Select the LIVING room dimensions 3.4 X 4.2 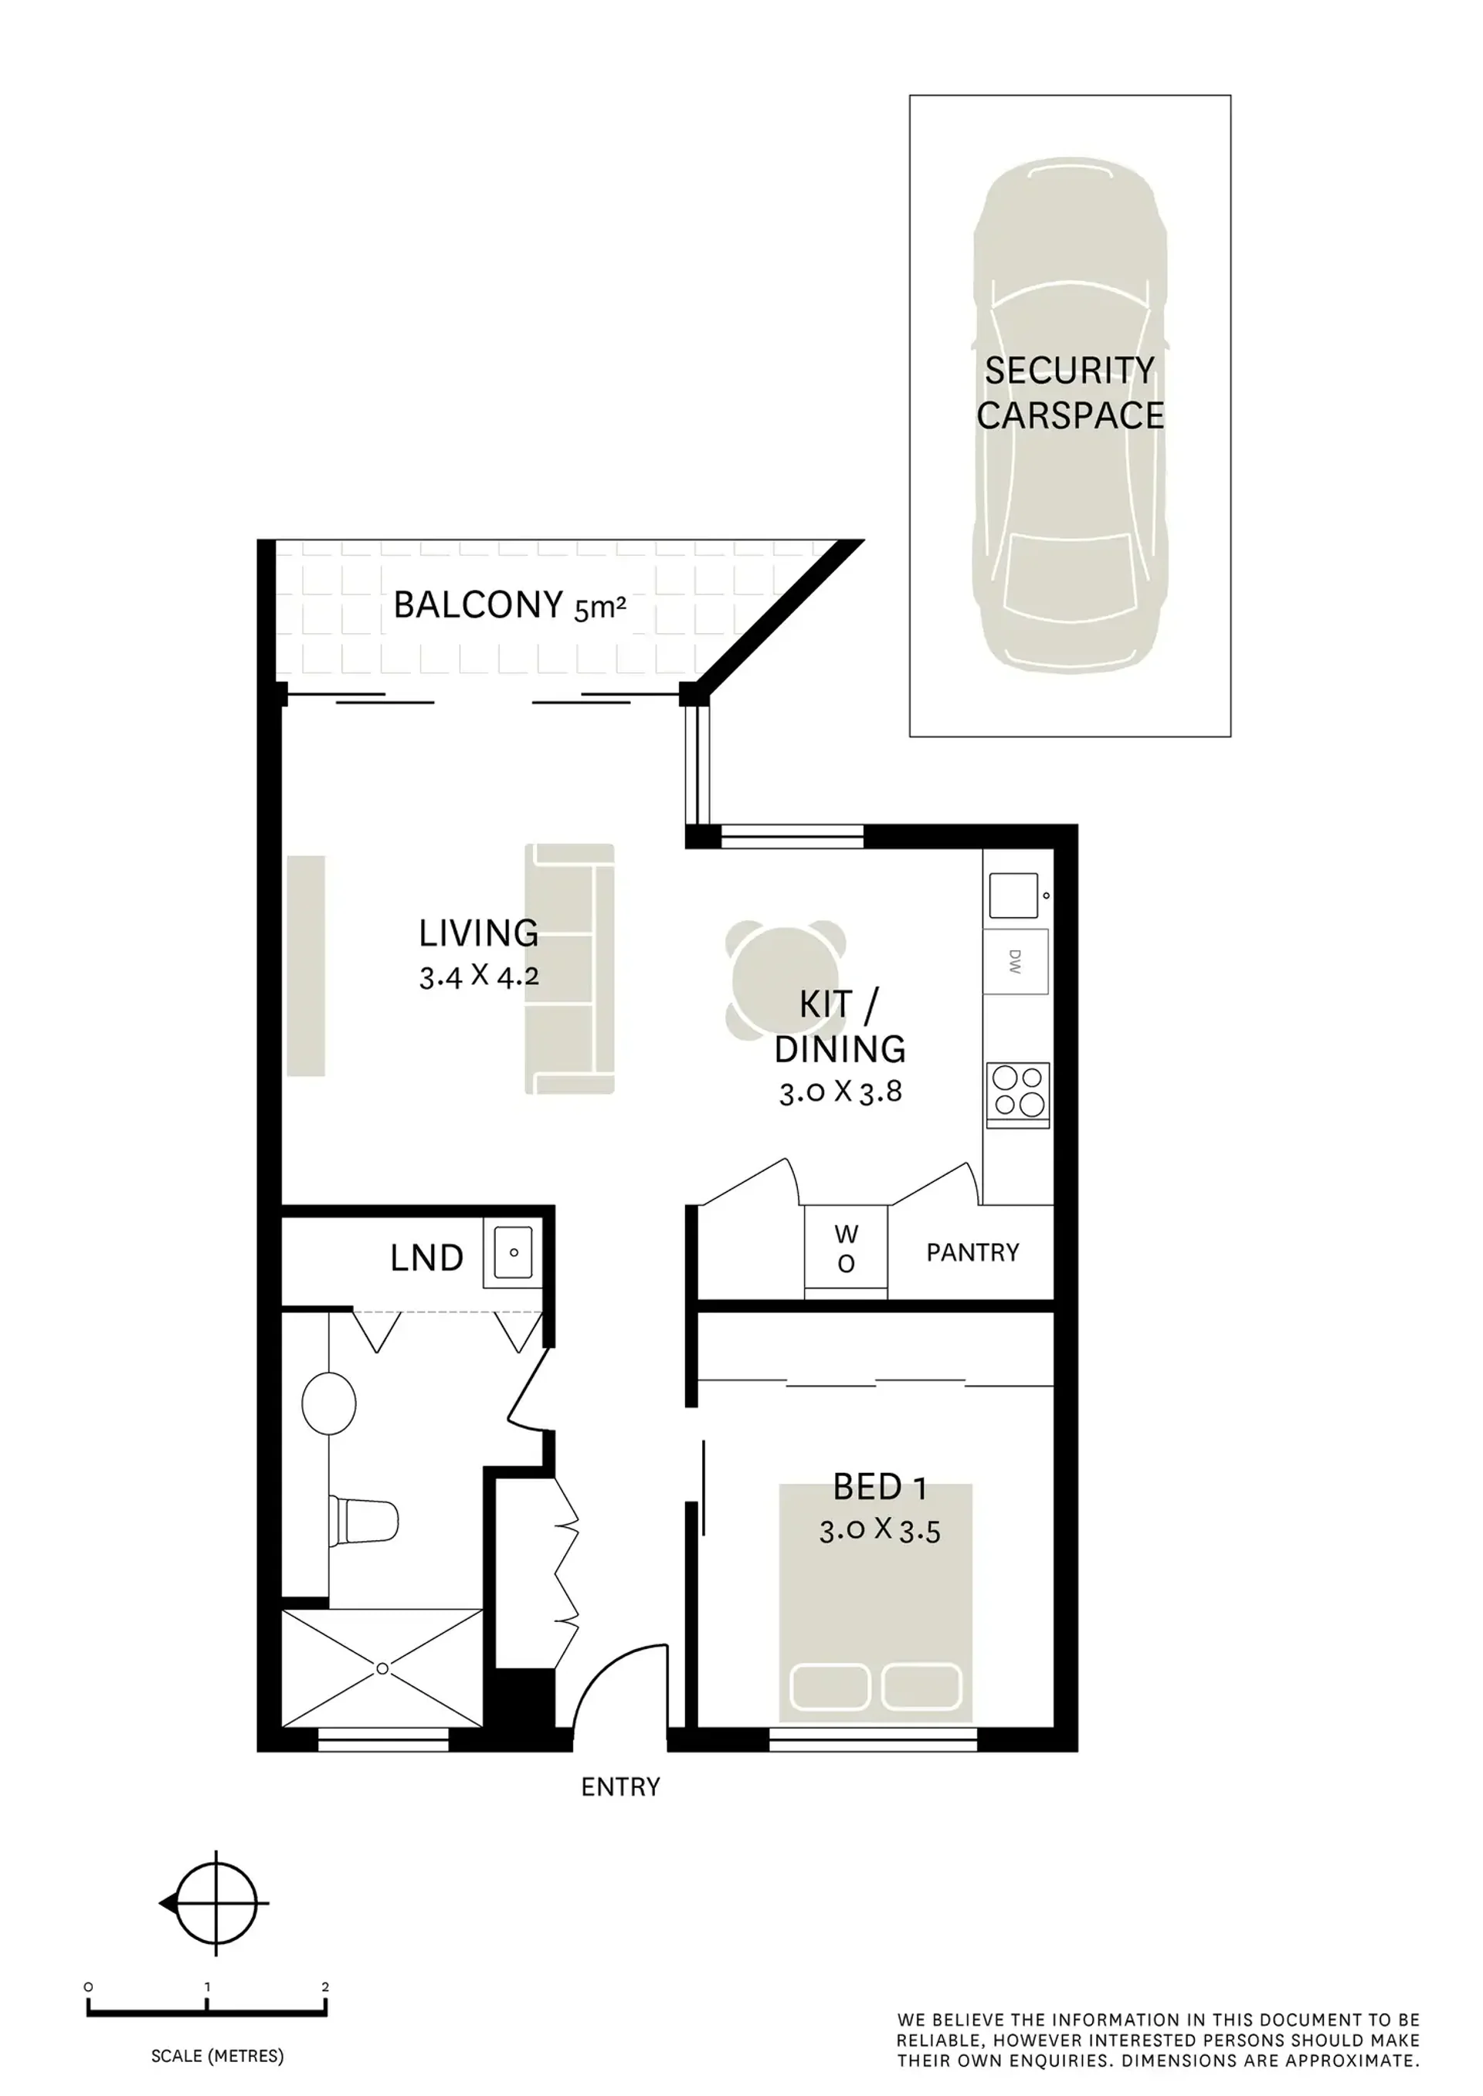click(x=480, y=977)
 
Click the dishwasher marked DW click(x=1016, y=961)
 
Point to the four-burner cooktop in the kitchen click(x=1018, y=1095)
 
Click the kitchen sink click(x=1013, y=896)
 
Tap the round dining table click(x=786, y=981)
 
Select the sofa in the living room click(x=569, y=969)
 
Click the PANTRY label click(x=972, y=1252)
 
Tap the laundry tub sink click(x=513, y=1252)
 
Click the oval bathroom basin click(x=329, y=1402)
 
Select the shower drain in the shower click(x=382, y=1669)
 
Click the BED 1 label click(x=880, y=1488)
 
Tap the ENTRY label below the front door click(x=620, y=1786)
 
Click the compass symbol click(x=215, y=1905)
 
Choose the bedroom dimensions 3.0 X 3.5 click(x=880, y=1530)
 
